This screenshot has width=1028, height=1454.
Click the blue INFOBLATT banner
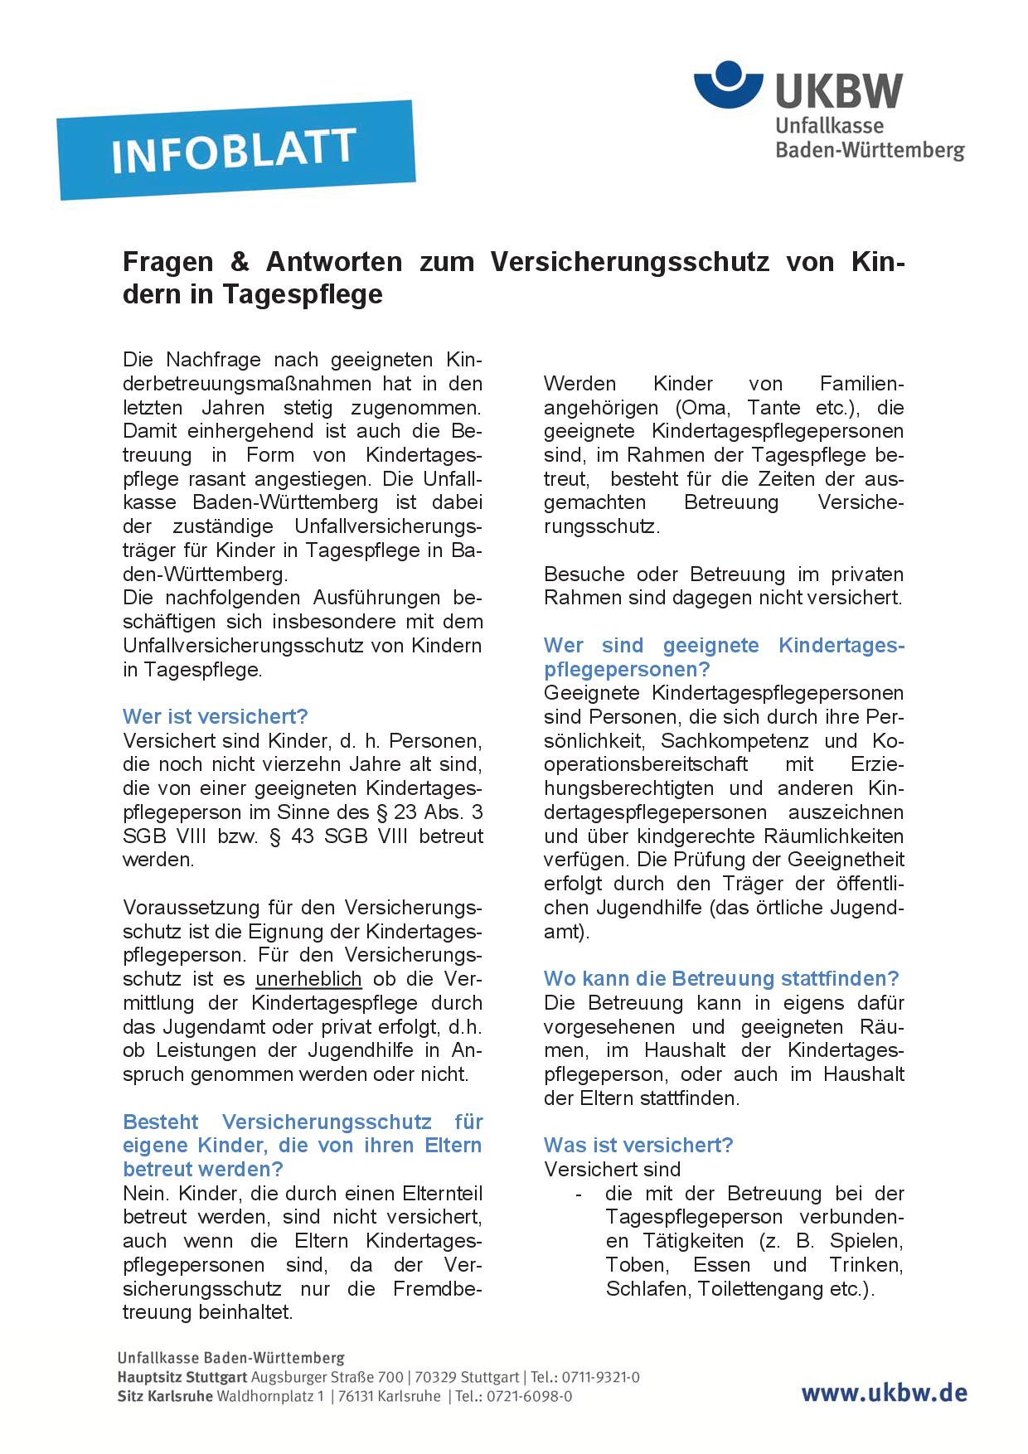click(235, 150)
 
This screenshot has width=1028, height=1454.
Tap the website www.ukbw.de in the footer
click(883, 1393)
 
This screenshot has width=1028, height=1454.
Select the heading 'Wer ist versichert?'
click(215, 716)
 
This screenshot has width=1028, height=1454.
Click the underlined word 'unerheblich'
click(308, 979)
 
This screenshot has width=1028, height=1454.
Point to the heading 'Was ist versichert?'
click(638, 1146)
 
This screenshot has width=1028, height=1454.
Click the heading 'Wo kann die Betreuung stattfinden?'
click(721, 979)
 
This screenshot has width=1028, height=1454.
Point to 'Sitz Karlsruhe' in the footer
click(165, 1396)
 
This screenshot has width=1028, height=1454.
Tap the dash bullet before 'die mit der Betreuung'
click(578, 1194)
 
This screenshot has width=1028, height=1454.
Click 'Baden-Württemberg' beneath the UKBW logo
click(869, 150)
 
